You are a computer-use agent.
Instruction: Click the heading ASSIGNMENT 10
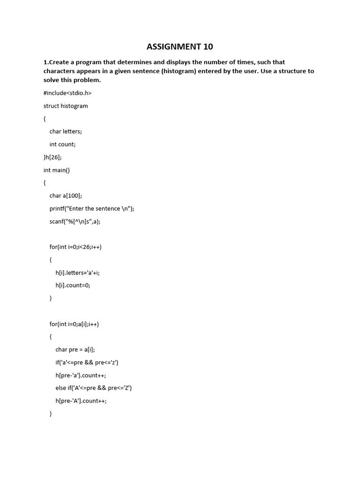click(180, 46)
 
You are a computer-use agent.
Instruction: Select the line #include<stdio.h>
click(67, 93)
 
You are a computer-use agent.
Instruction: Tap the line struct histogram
click(66, 106)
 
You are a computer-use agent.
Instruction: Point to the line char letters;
click(66, 132)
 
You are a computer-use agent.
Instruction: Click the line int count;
click(62, 144)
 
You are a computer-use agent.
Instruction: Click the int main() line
click(57, 170)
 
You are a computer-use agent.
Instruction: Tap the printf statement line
click(92, 209)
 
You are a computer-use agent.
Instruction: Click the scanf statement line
click(75, 221)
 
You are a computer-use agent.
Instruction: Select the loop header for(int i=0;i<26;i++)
click(75, 247)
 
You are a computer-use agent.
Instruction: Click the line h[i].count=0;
click(73, 285)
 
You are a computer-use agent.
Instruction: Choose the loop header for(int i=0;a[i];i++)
click(74, 324)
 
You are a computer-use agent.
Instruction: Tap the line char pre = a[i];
click(75, 350)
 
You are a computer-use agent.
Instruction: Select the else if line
click(93, 388)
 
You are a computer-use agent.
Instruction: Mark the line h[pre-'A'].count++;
click(81, 401)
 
